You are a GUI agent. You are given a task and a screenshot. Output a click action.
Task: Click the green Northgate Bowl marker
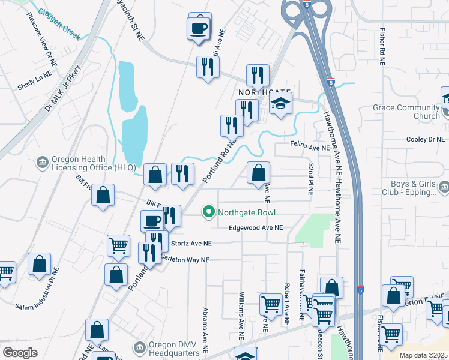[x=209, y=212]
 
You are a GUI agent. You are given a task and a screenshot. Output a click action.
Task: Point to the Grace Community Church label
[x=406, y=112]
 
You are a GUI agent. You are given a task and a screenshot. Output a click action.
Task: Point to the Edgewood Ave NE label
[x=255, y=228]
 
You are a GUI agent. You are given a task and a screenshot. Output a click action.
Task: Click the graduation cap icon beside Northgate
[x=280, y=104]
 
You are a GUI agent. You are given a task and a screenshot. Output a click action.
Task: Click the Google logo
[x=20, y=353]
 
